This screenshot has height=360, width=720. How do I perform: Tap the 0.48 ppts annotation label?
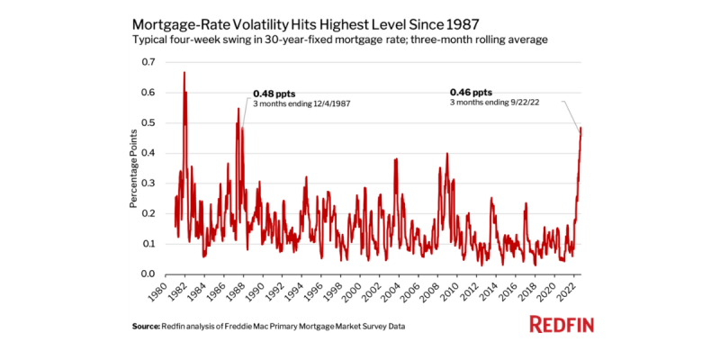coord(274,93)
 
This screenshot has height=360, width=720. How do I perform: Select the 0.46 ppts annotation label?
coord(471,92)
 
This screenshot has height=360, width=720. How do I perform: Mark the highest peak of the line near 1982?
coord(184,73)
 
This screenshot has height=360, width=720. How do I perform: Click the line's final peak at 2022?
coord(581,128)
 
